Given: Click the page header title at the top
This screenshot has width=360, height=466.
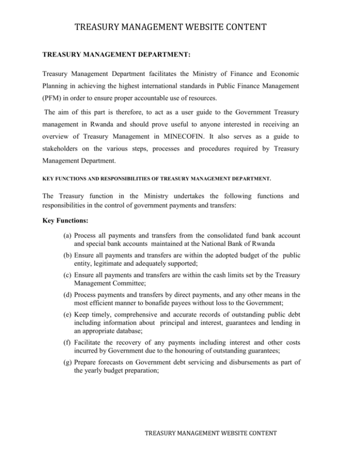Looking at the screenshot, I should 180,24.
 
